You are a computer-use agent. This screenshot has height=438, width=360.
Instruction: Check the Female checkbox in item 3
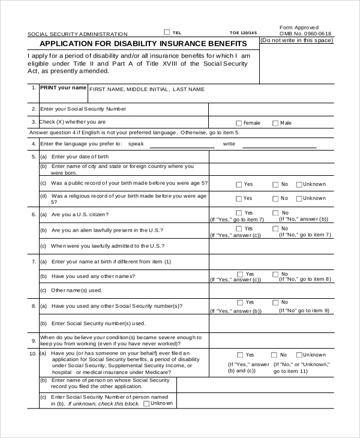[x=239, y=123]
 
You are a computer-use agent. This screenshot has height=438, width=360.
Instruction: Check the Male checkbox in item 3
[x=275, y=123]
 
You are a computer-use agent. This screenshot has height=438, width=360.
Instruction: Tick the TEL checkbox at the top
[x=167, y=32]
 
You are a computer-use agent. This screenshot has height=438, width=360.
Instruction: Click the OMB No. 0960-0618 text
[x=305, y=34]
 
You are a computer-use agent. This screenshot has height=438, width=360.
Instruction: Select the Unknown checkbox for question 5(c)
[x=299, y=185]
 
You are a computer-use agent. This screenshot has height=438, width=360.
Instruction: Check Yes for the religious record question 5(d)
[x=239, y=199]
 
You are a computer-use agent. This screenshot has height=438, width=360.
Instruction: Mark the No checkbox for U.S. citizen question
[x=275, y=213]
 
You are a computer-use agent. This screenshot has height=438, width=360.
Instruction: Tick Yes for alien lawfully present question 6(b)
[x=239, y=228]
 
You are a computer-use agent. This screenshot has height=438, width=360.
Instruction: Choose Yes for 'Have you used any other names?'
[x=239, y=274]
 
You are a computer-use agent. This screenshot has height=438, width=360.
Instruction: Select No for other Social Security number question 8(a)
[x=275, y=303]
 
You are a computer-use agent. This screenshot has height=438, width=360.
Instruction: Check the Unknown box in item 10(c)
[x=146, y=404]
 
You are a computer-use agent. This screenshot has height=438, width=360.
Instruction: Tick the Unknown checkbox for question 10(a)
[x=298, y=355]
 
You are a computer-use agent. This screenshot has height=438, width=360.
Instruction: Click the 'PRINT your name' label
[x=63, y=88]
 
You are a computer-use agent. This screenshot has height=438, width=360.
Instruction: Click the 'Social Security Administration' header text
[x=77, y=34]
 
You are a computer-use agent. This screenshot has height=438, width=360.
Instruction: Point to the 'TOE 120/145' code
[x=243, y=33]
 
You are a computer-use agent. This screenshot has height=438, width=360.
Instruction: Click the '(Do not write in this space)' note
[x=296, y=40]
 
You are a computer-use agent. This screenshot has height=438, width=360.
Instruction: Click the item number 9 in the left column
[x=34, y=341]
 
